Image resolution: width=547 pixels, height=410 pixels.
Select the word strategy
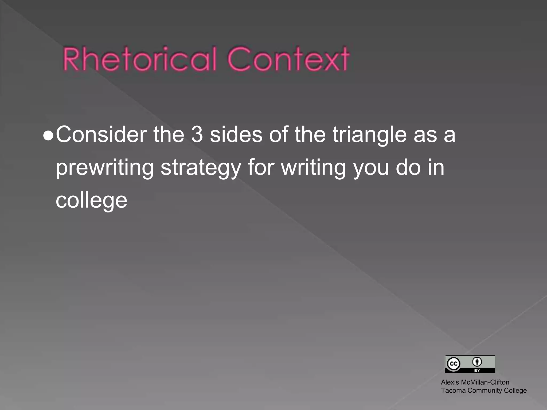(x=201, y=168)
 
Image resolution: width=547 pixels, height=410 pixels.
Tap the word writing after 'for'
(x=314, y=168)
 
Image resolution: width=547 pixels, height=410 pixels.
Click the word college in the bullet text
(x=91, y=201)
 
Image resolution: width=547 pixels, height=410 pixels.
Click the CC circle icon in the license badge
(x=453, y=364)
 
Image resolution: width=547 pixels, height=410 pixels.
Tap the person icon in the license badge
(x=477, y=362)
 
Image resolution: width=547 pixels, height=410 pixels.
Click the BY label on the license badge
(x=477, y=370)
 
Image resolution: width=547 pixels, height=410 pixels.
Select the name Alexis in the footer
(x=450, y=382)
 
